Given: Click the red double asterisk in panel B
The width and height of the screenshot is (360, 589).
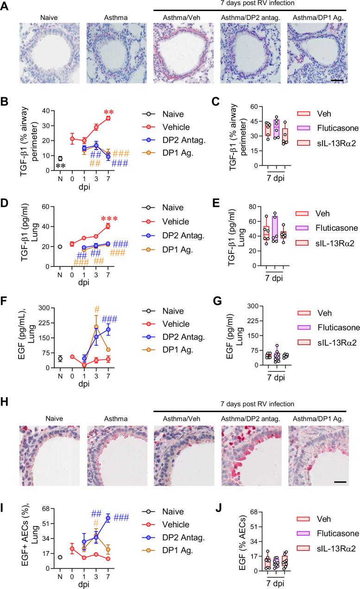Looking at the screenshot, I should click(x=109, y=113).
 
